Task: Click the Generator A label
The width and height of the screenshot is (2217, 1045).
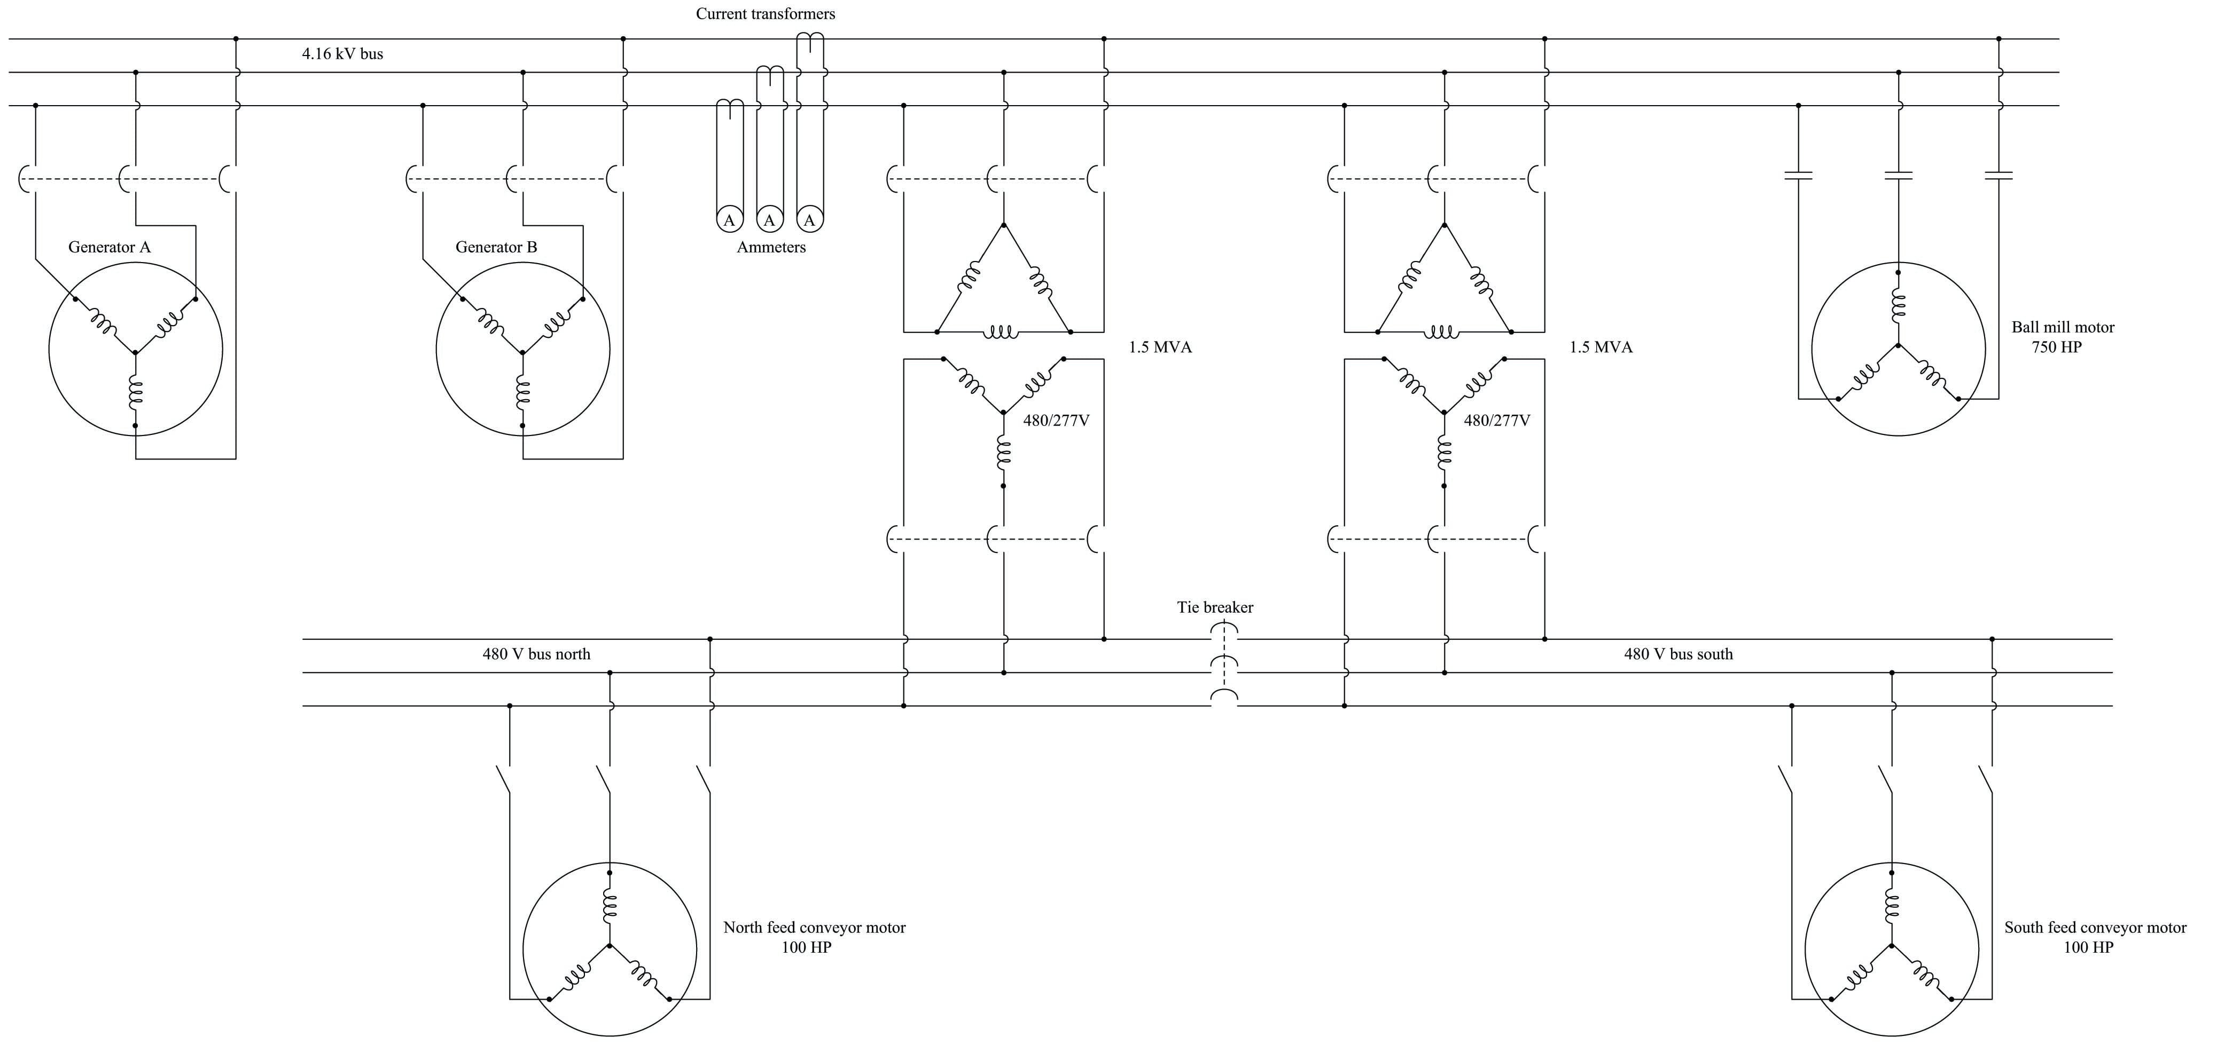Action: point(110,248)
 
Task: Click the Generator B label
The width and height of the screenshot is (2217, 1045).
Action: point(497,248)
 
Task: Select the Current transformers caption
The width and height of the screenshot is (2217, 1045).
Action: point(765,14)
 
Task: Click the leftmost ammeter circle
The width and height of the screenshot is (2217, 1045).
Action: point(729,220)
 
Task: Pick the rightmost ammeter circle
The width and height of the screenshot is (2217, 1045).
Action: point(809,220)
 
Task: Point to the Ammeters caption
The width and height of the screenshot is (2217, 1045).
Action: point(771,248)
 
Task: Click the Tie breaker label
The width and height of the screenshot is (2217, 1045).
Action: point(1215,608)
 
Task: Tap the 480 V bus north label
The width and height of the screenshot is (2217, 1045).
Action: point(536,654)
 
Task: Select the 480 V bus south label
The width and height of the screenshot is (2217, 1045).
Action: point(1678,654)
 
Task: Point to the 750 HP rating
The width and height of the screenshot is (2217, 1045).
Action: point(2057,347)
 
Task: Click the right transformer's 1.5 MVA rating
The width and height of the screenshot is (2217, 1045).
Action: point(1601,347)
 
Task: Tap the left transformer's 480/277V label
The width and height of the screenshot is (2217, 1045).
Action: point(1056,422)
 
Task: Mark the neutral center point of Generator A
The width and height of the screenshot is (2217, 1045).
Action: point(135,352)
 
